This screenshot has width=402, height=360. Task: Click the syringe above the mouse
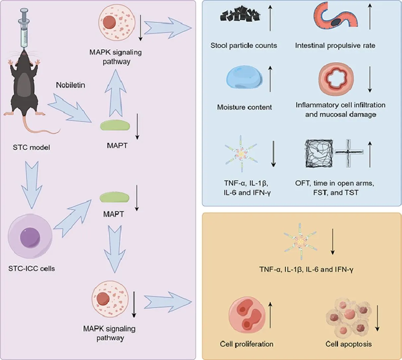pos(25,30)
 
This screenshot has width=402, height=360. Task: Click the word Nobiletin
pos(70,85)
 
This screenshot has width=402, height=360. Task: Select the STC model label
pos(31,147)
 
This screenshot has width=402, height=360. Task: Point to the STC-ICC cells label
pos(32,268)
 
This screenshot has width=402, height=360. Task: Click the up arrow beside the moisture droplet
pos(271,78)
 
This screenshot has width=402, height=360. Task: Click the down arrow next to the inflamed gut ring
pos(370,79)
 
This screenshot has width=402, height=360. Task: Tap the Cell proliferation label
pos(247,344)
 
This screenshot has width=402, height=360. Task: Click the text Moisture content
pos(244,107)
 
